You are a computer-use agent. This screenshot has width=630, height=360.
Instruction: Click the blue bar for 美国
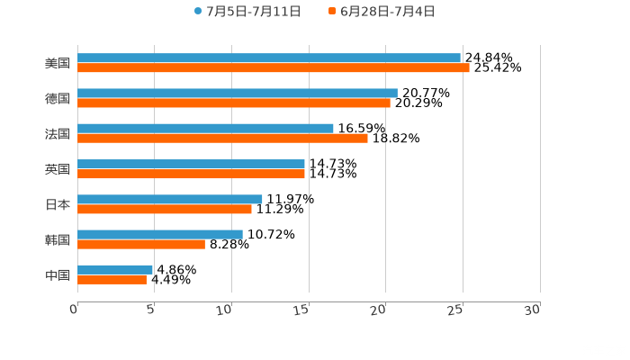click(x=269, y=58)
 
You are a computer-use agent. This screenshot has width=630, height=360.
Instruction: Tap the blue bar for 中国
click(x=115, y=269)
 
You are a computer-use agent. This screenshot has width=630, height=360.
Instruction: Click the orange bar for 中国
click(x=112, y=279)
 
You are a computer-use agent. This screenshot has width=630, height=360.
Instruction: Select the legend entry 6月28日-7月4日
click(x=387, y=11)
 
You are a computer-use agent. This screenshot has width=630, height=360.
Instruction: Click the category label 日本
click(x=58, y=204)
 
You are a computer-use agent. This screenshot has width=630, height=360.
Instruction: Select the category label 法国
click(x=58, y=133)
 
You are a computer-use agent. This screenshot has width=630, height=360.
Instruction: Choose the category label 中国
click(x=58, y=274)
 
